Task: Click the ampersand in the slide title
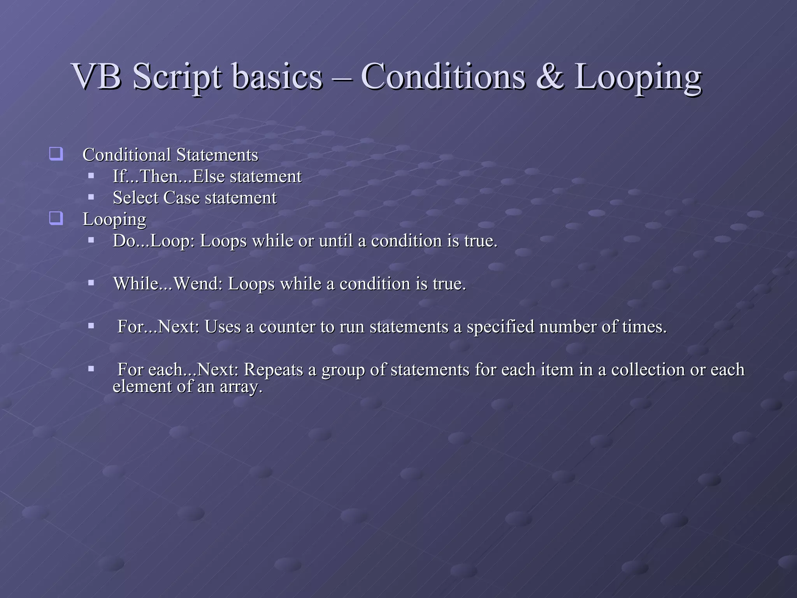point(549,77)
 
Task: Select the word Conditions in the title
point(443,77)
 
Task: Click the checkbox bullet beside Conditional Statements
point(56,154)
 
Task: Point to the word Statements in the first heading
point(217,155)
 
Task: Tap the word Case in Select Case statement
point(181,198)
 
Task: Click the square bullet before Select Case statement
point(91,197)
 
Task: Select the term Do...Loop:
point(154,241)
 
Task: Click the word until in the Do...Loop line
point(336,241)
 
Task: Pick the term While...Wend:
point(168,284)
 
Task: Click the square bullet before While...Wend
point(91,283)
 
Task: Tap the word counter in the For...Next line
point(287,327)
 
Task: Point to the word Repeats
point(273,369)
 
